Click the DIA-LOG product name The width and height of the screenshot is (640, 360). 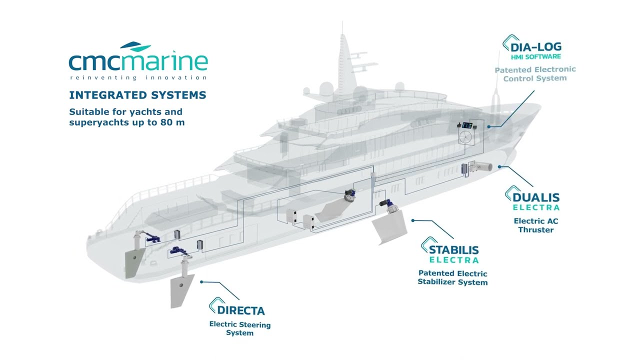pyautogui.click(x=536, y=47)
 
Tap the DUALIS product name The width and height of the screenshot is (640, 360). pyautogui.click(x=536, y=197)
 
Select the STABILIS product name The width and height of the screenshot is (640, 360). pyautogui.click(x=453, y=250)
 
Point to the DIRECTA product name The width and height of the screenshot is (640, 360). pyautogui.click(x=241, y=310)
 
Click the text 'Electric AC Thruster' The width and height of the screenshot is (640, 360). pyautogui.click(x=536, y=225)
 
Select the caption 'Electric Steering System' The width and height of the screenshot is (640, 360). pyautogui.click(x=240, y=328)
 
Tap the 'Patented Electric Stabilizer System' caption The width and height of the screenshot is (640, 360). pyautogui.click(x=452, y=277)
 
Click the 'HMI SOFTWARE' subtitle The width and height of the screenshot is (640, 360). pyautogui.click(x=536, y=56)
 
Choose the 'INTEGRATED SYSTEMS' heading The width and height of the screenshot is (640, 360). pyautogui.click(x=137, y=95)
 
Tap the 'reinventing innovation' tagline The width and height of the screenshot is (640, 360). pyautogui.click(x=138, y=77)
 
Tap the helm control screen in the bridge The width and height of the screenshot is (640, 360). pyautogui.click(x=467, y=125)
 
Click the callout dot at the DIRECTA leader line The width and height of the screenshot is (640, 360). pyautogui.click(x=201, y=282)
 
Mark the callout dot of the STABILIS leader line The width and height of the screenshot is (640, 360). pyautogui.click(x=412, y=220)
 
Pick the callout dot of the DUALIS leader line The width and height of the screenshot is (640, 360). pyautogui.click(x=499, y=166)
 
